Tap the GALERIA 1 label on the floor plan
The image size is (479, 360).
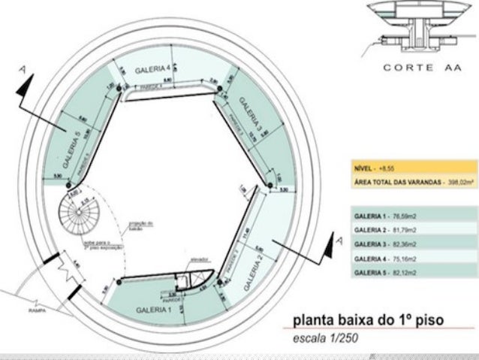pos(154,309)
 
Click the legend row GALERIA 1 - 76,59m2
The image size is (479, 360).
pos(384,216)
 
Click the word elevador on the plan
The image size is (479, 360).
pos(198,259)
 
